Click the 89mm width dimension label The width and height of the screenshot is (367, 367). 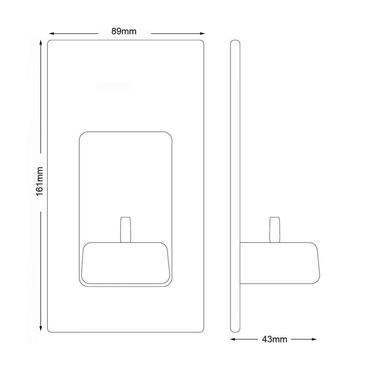pyautogui.click(x=124, y=32)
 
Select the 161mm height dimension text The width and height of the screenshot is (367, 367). pyautogui.click(x=40, y=181)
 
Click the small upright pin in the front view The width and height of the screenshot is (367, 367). pyautogui.click(x=126, y=230)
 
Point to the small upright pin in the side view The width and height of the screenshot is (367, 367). pyautogui.click(x=275, y=230)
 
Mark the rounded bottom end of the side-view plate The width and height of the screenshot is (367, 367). pyautogui.click(x=235, y=330)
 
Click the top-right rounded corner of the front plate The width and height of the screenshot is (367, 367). pyautogui.click(x=201, y=43)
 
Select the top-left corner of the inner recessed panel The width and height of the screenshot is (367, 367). pyautogui.click(x=83, y=135)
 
